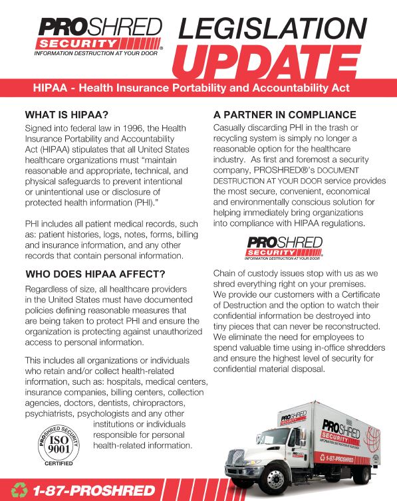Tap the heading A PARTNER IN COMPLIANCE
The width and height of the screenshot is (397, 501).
pos(285,114)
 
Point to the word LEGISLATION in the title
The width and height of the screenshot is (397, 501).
pos(273,27)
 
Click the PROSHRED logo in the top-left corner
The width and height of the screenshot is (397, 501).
pos(99,37)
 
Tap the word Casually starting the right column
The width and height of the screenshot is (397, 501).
pos(231,127)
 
